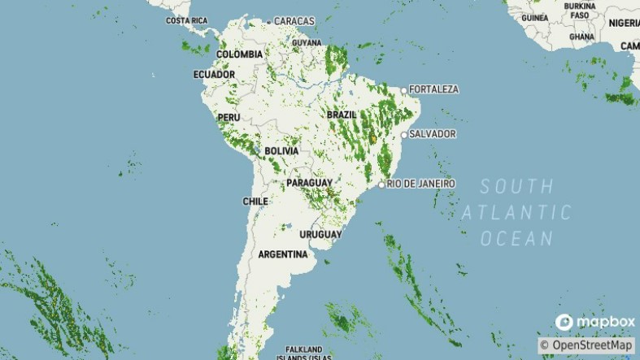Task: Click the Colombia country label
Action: pos(239,54)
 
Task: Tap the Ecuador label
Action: pos(214,75)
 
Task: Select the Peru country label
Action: pos(228,118)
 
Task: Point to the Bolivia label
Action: pos(281,151)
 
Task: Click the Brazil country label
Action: pos(342,115)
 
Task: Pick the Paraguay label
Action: pos(309,184)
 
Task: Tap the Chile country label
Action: pos(255,201)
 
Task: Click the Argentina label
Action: pos(283,254)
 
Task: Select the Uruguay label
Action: pos(320,234)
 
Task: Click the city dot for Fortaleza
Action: pos(404,89)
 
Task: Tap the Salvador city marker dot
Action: pos(403,134)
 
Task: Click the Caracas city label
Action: pos(294,20)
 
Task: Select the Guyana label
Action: pos(307,41)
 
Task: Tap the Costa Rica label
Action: pos(187,20)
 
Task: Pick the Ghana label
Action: pos(581,37)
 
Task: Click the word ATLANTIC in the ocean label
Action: pos(517,213)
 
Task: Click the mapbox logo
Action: pos(594,323)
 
